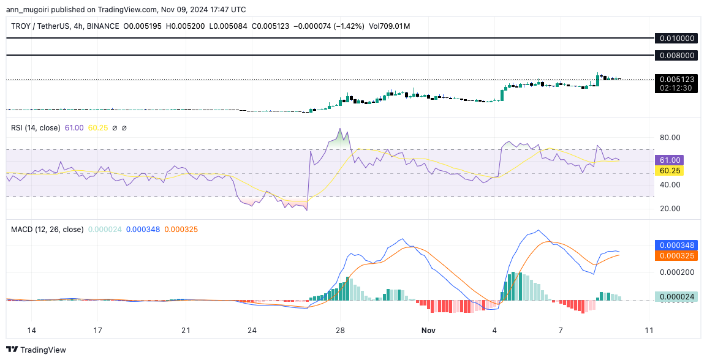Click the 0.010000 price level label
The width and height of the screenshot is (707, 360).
(677, 38)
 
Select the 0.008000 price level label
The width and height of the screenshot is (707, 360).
(677, 55)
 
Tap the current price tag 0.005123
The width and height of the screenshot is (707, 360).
(677, 79)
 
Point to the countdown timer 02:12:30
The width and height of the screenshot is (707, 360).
(677, 88)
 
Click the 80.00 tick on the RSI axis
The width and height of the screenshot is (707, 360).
(669, 138)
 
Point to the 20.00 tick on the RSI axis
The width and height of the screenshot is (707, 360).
(669, 208)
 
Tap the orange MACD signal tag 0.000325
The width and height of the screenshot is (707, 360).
(677, 255)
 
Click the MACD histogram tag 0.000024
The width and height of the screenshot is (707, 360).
(677, 297)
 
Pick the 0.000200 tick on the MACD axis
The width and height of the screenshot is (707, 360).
(677, 272)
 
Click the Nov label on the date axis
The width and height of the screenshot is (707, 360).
(428, 331)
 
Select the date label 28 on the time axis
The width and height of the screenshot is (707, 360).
(341, 331)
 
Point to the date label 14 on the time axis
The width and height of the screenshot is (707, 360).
(31, 331)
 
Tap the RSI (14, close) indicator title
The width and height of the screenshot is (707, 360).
(36, 128)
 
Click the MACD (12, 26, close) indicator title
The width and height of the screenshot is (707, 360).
(47, 230)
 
